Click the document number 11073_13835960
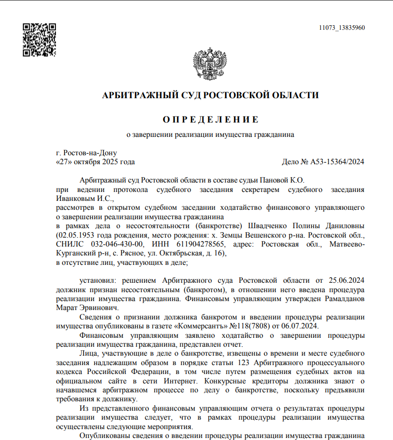coord(341,28)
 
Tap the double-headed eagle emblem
coord(210,64)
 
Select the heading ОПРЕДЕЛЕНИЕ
coord(210,120)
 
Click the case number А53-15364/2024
coord(337,162)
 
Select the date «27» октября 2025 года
coord(96,162)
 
